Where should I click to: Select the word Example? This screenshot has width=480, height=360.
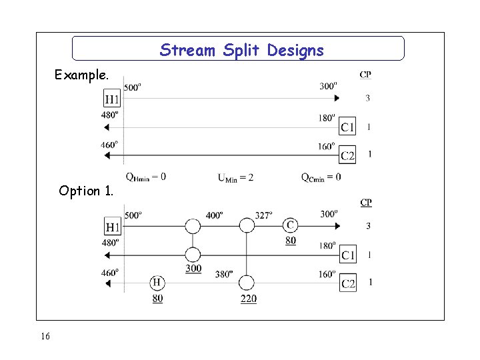point(81,75)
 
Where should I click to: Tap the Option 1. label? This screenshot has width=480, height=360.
point(86,191)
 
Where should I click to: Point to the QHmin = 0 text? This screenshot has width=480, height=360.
point(145,177)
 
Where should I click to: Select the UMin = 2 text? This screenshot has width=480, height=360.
point(235,177)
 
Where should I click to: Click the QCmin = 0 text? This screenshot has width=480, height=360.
point(321,177)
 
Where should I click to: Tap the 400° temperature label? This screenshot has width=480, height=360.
point(214,216)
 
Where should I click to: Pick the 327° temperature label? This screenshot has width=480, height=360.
point(264,216)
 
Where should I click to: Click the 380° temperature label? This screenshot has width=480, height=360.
point(224,273)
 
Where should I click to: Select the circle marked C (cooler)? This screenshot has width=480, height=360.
point(291,225)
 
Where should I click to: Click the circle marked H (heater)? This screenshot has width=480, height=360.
point(157,283)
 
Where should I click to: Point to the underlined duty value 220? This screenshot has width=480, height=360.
point(248,299)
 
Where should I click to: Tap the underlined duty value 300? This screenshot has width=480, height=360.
point(193,268)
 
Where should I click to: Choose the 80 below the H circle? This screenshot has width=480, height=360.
point(157,299)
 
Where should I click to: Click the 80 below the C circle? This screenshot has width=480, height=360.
point(291,241)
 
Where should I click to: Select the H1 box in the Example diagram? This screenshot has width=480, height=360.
point(113,99)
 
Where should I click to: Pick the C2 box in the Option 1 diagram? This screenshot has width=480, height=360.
point(347,283)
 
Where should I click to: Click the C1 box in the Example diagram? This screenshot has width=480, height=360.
point(347,127)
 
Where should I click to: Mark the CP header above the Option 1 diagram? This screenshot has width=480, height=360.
point(366,203)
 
